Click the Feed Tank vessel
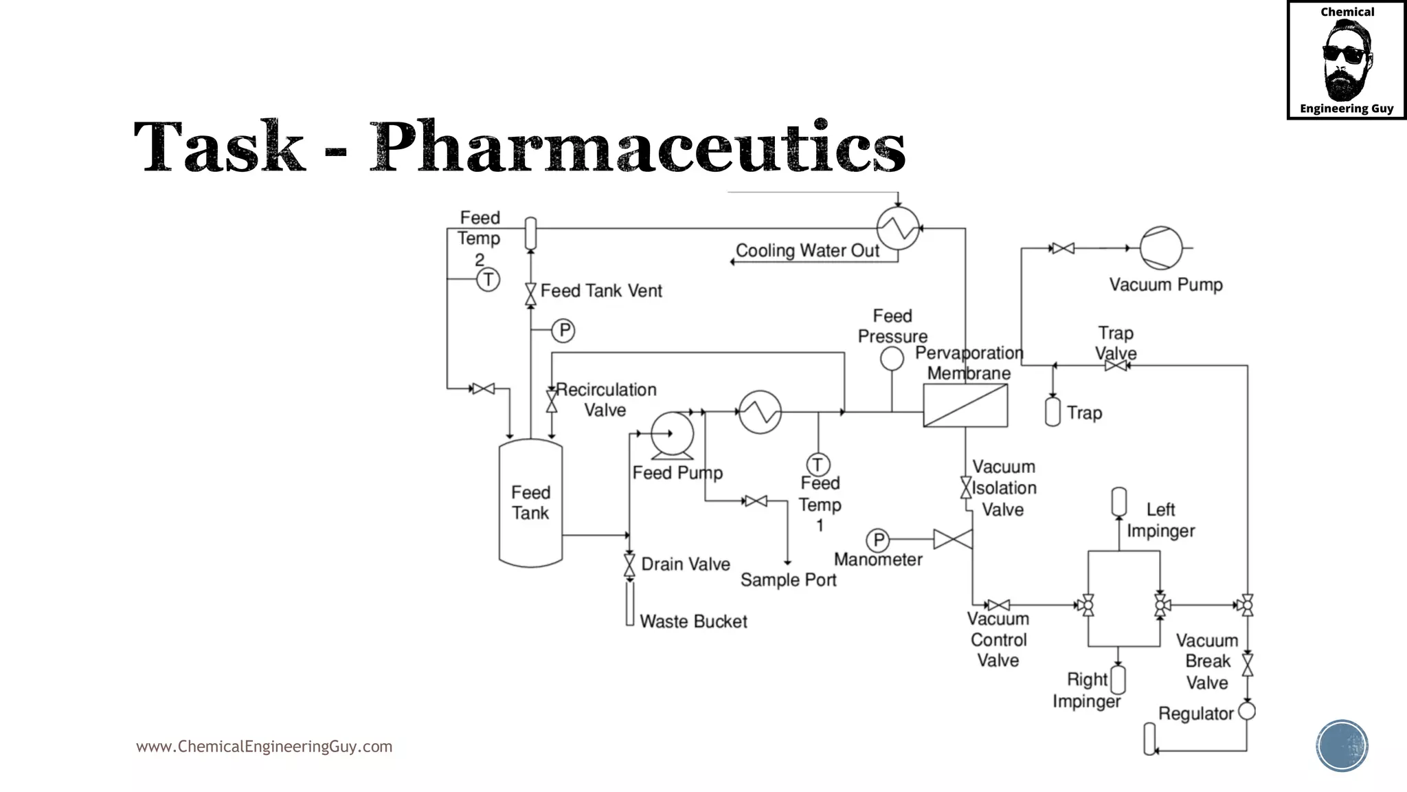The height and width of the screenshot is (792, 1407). coord(530,503)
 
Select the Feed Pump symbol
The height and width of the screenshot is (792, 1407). coord(673,434)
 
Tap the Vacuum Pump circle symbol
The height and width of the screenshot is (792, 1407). coord(1161,247)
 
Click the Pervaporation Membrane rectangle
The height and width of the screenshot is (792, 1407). coord(965,406)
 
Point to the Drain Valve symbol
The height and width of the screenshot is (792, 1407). coord(629,565)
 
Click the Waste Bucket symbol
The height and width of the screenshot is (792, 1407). coord(630,604)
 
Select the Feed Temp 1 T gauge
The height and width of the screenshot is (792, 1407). coord(818,465)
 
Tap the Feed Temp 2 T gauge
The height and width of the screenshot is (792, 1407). coord(488,280)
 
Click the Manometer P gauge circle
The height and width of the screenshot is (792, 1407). coord(878,540)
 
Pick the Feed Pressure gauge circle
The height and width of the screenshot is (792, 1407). coord(892,358)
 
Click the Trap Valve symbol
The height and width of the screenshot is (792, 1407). coord(1116,366)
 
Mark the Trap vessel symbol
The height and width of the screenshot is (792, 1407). coord(1053,412)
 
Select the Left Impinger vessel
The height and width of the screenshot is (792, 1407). coord(1118,501)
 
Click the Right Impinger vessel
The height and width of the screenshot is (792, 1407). coord(1118,680)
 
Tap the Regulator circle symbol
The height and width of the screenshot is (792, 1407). coord(1247,712)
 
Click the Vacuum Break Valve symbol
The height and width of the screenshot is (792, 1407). coord(1248,665)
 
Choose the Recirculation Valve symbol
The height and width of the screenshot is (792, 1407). coord(552,401)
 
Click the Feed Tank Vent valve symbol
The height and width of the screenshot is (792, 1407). coord(530,294)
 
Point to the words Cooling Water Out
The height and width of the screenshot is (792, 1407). coord(807,251)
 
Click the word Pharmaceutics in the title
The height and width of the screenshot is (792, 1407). coord(638,147)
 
